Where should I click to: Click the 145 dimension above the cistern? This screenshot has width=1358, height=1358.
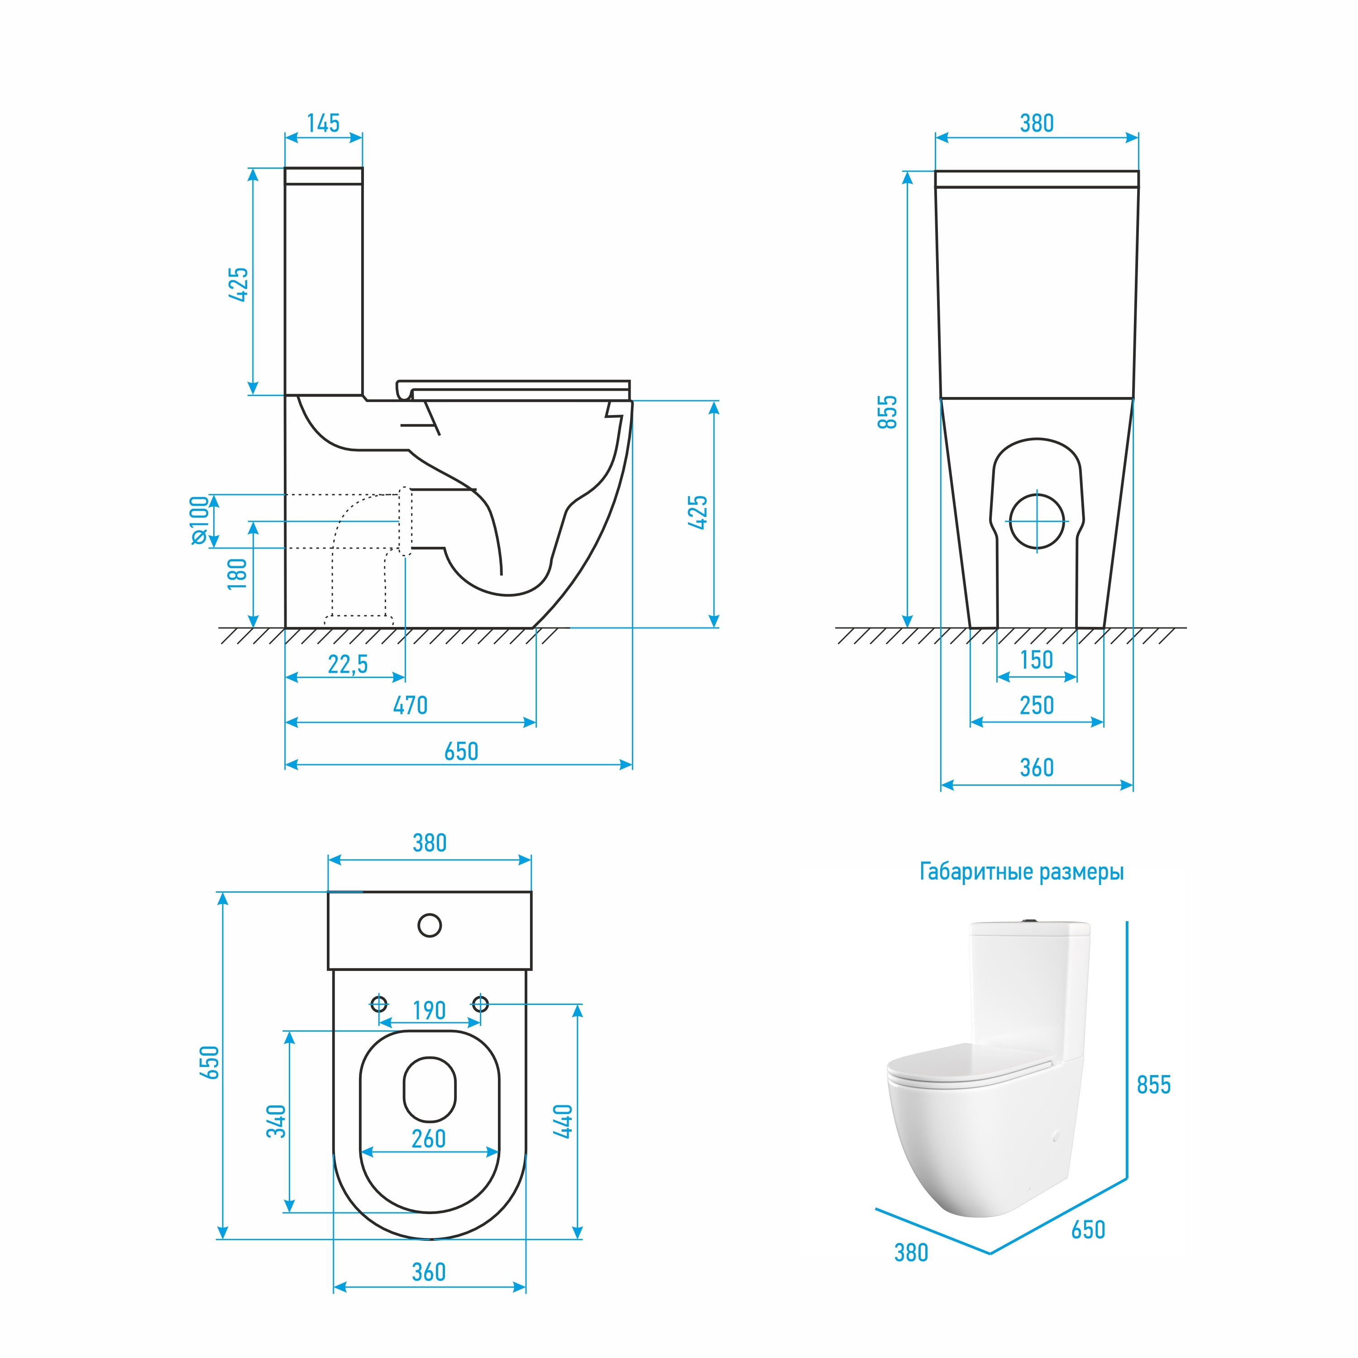tap(323, 123)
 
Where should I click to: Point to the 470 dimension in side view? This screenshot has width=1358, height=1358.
tap(411, 705)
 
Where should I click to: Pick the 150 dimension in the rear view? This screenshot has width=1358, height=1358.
tap(1037, 660)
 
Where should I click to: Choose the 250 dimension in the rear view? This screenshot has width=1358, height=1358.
tap(1037, 705)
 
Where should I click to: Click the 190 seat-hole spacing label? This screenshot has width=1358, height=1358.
tap(430, 1011)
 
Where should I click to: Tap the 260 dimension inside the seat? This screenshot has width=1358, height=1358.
tap(429, 1139)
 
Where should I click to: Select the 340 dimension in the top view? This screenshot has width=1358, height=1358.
tap(276, 1121)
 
